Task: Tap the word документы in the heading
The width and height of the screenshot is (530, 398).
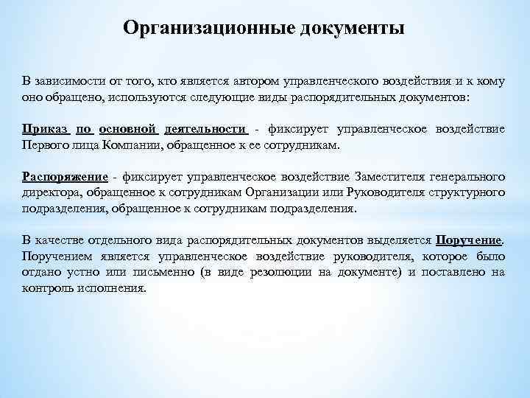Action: click(x=350, y=28)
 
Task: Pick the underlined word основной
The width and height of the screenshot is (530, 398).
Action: click(x=129, y=129)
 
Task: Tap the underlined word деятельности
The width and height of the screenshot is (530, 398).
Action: click(x=206, y=129)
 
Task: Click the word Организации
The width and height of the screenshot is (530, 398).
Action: click(x=277, y=193)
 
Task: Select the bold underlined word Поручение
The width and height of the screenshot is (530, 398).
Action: click(x=469, y=240)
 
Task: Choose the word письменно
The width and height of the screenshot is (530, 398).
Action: click(x=160, y=273)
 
